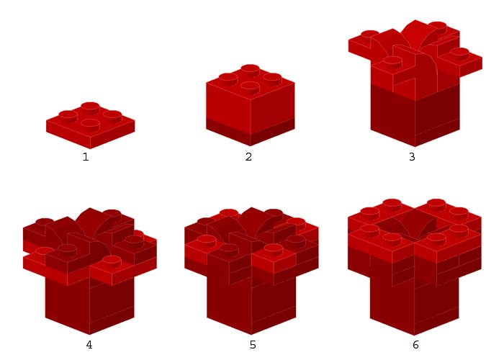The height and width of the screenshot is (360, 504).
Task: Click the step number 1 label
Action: [86, 157]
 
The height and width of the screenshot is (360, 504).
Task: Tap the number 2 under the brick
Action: [248, 157]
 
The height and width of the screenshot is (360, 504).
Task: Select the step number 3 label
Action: [412, 157]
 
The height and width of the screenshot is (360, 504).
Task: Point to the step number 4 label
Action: [89, 345]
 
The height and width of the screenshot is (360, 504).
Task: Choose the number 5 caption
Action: [253, 345]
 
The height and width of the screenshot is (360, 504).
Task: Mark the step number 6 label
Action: [415, 345]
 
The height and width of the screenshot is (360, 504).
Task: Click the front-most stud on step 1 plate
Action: [90, 125]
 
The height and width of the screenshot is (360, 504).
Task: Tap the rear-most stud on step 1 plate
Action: [90, 108]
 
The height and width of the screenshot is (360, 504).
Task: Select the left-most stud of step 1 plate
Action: [68, 117]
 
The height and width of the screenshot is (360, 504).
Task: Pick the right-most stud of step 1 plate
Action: [112, 117]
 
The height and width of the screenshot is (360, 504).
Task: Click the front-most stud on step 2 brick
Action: [250, 88]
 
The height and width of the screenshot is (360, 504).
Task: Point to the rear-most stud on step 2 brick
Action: [250, 71]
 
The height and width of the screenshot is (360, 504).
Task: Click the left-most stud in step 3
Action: [370, 34]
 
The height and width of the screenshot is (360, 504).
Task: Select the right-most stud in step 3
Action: [459, 54]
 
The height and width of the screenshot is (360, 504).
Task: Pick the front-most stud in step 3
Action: [392, 62]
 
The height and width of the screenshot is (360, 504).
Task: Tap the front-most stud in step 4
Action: [112, 262]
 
